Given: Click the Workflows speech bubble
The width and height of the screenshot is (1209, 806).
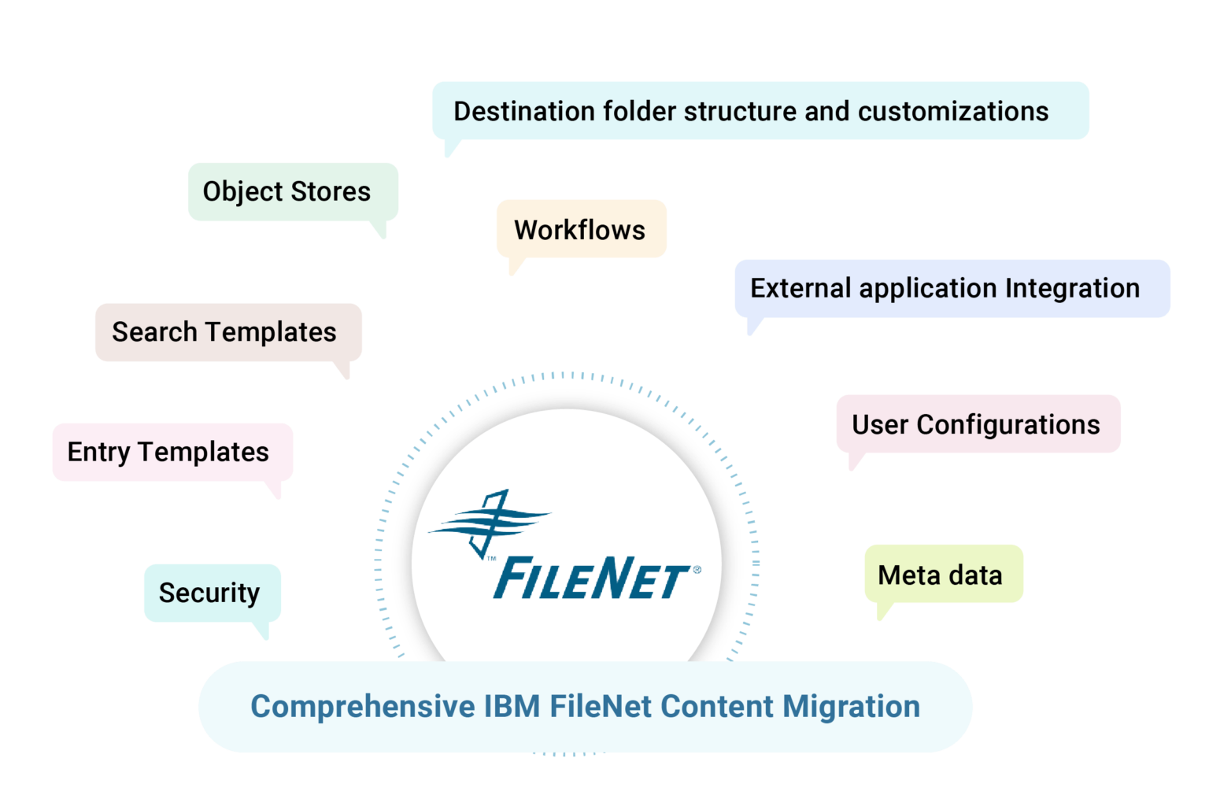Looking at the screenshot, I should click(x=581, y=229).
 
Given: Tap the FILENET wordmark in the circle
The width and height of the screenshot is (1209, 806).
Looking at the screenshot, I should click(x=590, y=579).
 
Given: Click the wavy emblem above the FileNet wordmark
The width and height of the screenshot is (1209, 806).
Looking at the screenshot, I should click(x=488, y=522).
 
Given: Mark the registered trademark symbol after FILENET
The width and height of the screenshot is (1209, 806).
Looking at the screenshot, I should click(x=696, y=568).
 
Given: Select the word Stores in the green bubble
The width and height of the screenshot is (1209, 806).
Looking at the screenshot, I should click(x=331, y=191).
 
